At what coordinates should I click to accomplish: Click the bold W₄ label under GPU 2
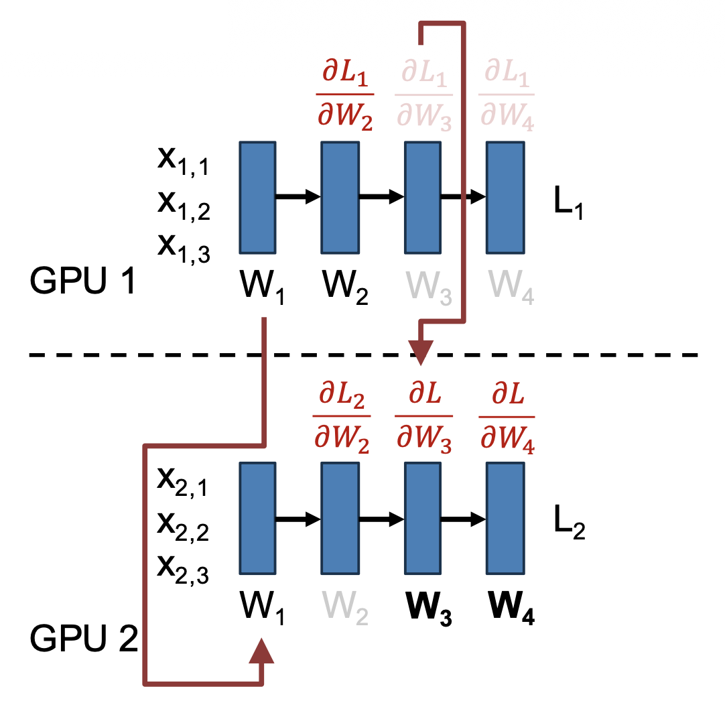511,611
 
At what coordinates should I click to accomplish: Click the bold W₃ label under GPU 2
428,611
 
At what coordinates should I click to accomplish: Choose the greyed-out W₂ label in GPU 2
345,611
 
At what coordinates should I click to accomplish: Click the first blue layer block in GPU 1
257,197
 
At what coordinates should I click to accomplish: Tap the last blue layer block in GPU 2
505,519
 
